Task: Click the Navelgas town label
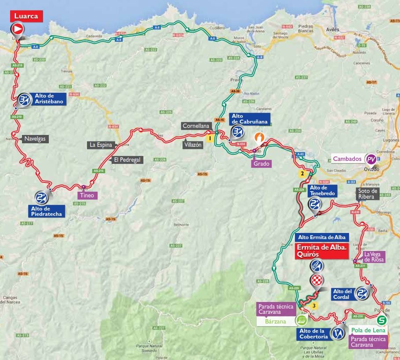click(x=34, y=138)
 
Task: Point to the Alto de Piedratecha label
click(x=46, y=211)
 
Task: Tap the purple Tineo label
click(x=86, y=195)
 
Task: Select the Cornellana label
click(x=196, y=126)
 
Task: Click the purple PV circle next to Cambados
click(x=372, y=159)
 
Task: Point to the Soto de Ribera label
click(x=367, y=193)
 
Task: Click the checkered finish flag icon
click(x=317, y=280)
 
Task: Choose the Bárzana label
click(x=276, y=321)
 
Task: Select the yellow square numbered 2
click(x=302, y=173)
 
